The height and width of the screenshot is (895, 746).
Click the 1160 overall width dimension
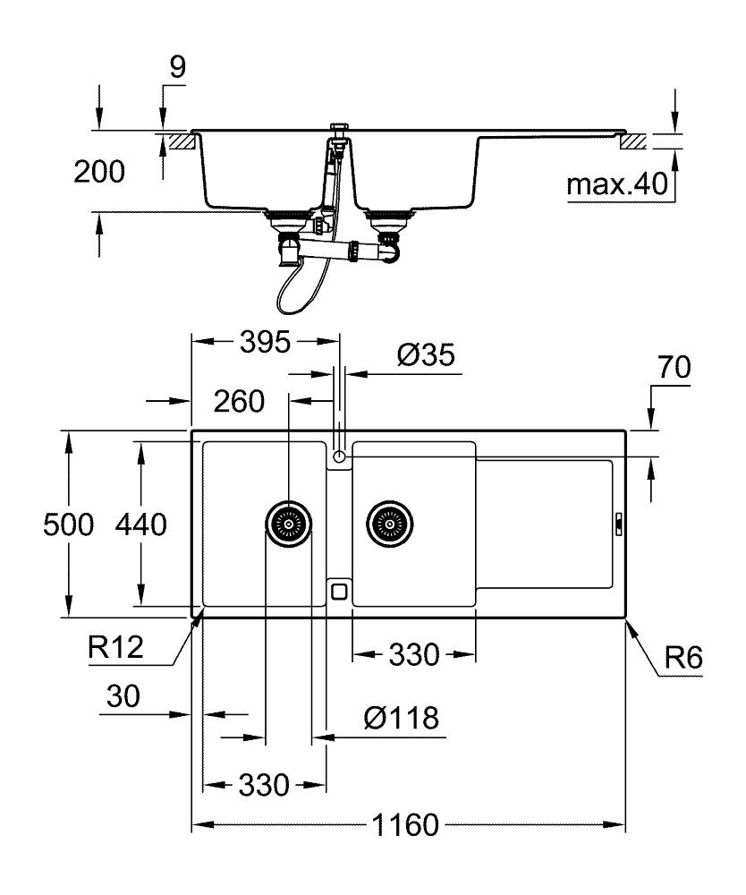pyautogui.click(x=405, y=825)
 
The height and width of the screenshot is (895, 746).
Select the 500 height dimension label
pyautogui.click(x=69, y=524)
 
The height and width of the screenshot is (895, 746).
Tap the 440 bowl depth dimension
pyautogui.click(x=140, y=524)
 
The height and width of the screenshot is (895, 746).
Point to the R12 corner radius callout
pyautogui.click(x=115, y=648)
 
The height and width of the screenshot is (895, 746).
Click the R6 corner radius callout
pyautogui.click(x=683, y=658)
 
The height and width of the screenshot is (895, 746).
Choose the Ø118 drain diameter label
pyautogui.click(x=402, y=718)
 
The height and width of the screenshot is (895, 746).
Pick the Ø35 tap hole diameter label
pyautogui.click(x=426, y=355)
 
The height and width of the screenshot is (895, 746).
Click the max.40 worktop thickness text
pyautogui.click(x=617, y=184)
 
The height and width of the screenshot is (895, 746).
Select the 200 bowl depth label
pyautogui.click(x=99, y=172)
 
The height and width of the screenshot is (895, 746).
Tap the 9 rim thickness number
pyautogui.click(x=178, y=67)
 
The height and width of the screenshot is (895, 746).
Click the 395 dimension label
pyautogui.click(x=265, y=343)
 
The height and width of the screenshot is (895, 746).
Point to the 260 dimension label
pyautogui.click(x=239, y=401)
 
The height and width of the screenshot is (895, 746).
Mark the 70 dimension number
pyautogui.click(x=674, y=368)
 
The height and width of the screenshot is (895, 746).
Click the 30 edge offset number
pyautogui.click(x=123, y=697)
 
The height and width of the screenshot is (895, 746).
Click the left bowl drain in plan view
pyautogui.click(x=289, y=524)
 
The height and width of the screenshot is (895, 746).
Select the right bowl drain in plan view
pyautogui.click(x=389, y=524)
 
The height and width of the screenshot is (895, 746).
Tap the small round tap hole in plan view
pyautogui.click(x=339, y=456)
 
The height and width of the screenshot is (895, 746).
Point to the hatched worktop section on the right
pyautogui.click(x=633, y=141)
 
